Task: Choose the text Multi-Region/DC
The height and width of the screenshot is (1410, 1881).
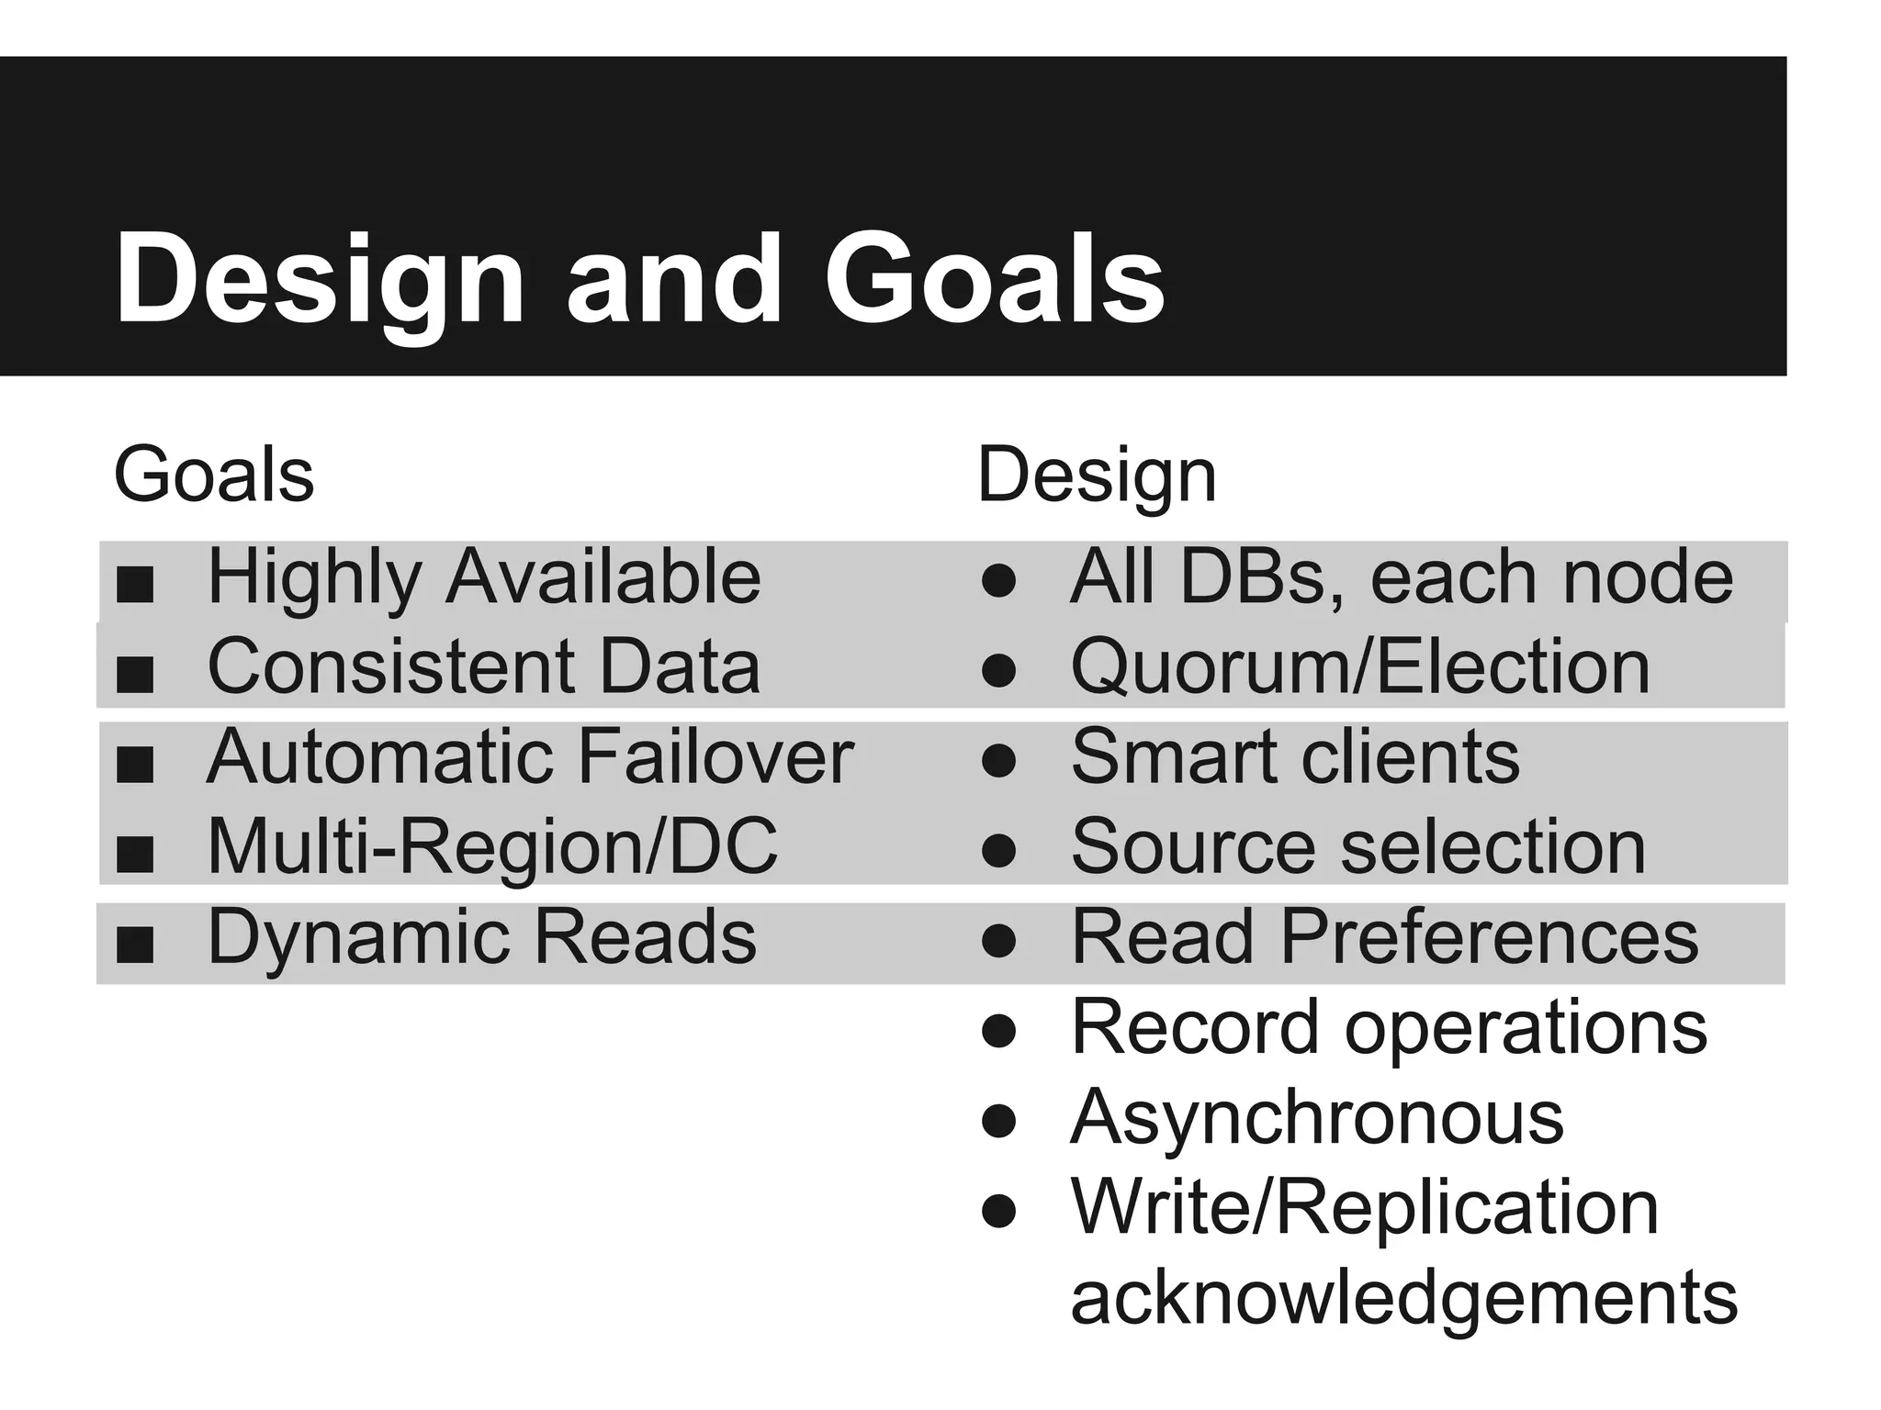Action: [492, 846]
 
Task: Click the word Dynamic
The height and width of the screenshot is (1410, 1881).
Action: [361, 937]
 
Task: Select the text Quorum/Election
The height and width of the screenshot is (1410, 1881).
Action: [1359, 666]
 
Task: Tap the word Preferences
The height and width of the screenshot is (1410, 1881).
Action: [1489, 937]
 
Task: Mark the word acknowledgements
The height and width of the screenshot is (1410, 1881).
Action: [1403, 1298]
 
